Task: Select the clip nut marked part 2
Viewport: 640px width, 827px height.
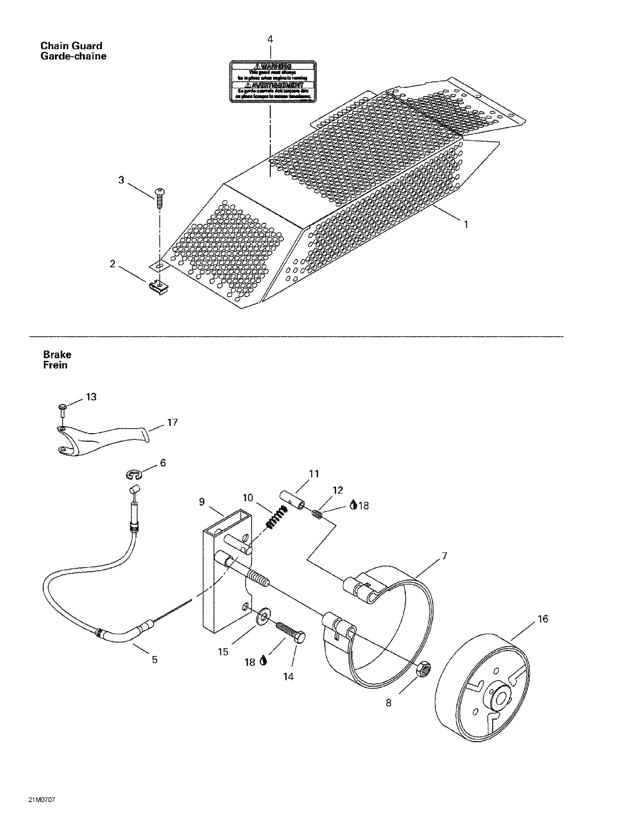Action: pos(158,287)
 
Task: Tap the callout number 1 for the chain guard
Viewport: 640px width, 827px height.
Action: pos(466,225)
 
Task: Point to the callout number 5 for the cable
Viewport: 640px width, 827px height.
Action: pos(155,660)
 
